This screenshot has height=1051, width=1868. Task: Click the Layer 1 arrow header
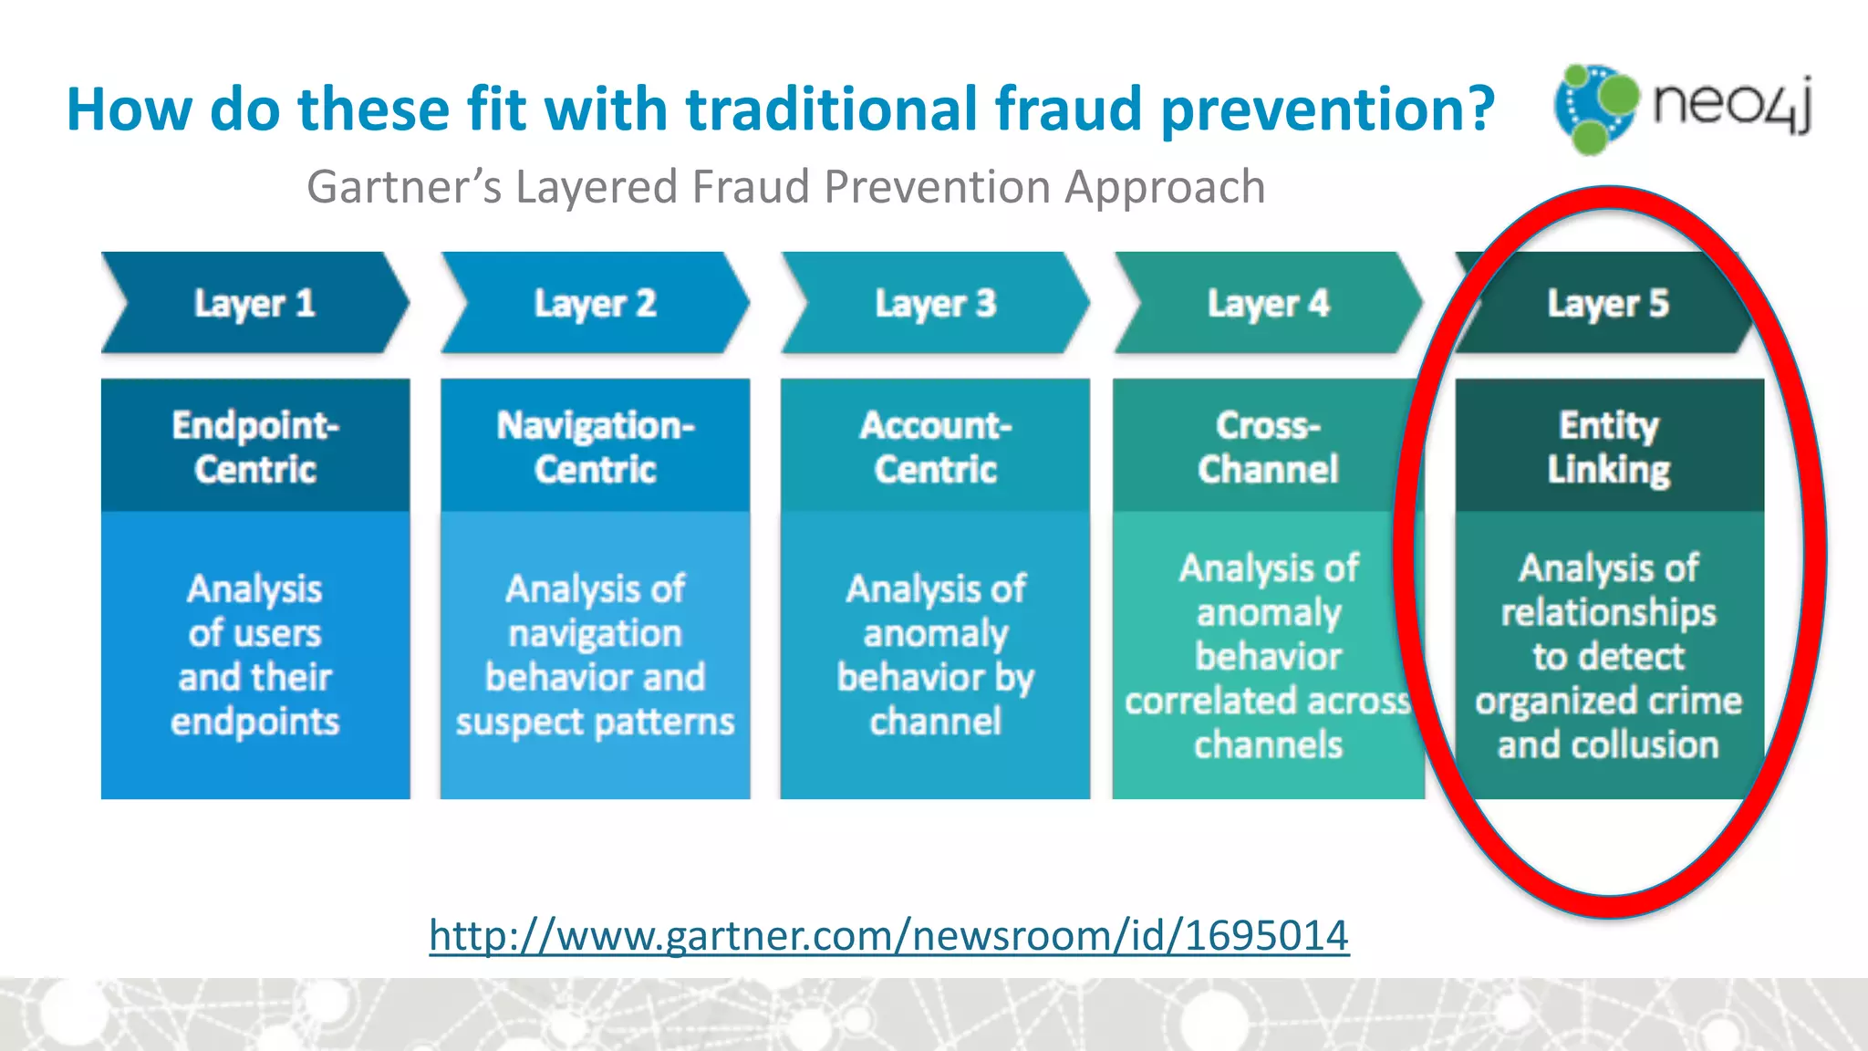254,303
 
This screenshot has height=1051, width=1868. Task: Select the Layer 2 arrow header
595,303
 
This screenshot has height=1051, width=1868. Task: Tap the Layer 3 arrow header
935,303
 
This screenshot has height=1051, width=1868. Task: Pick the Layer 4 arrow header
1268,303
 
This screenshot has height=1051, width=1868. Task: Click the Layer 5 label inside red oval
1607,303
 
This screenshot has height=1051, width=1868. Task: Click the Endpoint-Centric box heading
255,446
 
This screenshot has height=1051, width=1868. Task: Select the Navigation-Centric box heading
595,446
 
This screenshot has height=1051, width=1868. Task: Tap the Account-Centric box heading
935,446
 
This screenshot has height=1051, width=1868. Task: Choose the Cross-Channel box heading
1268,446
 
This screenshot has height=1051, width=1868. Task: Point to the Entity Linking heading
1608,446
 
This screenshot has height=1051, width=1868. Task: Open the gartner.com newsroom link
888,936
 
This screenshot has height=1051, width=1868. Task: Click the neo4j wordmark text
1731,105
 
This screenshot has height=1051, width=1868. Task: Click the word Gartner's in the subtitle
404,187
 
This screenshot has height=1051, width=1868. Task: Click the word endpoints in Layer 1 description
255,722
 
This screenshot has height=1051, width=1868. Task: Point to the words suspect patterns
595,722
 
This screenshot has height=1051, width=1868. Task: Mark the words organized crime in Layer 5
1608,701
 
